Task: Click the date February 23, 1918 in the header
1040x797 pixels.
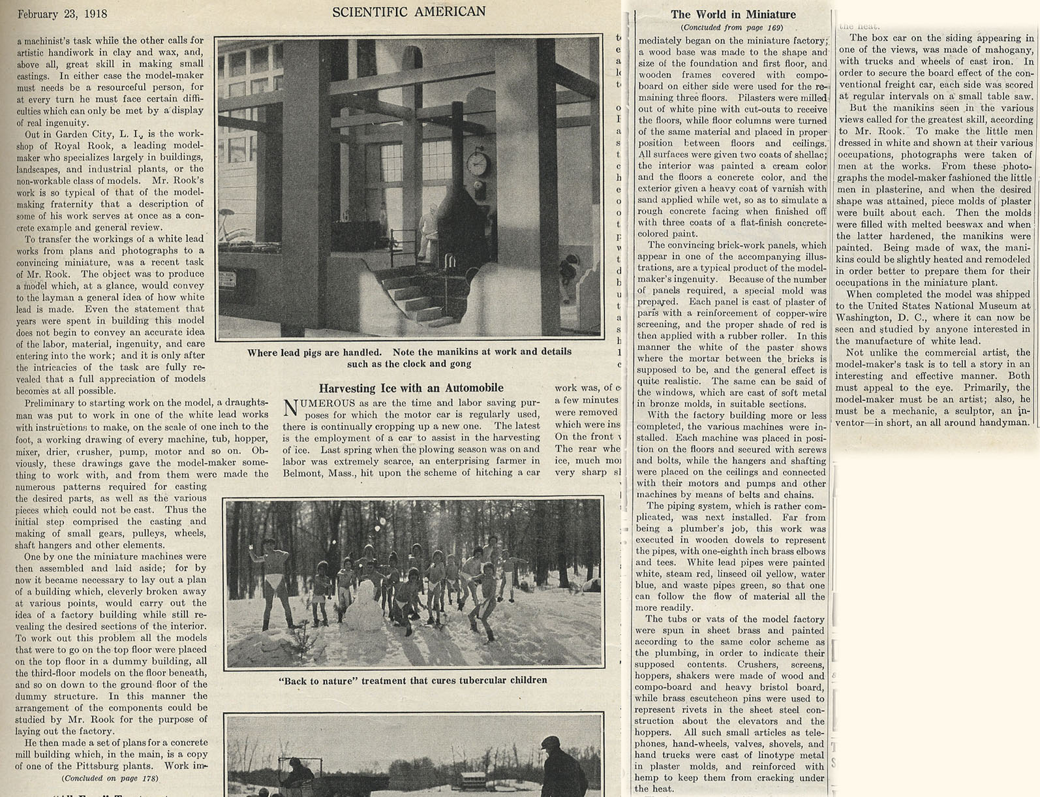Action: [62, 14]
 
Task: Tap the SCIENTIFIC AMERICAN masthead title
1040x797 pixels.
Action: [408, 12]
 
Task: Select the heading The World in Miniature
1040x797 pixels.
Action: [733, 14]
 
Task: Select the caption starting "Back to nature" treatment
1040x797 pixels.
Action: [412, 680]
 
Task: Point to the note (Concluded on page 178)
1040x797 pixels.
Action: [110, 777]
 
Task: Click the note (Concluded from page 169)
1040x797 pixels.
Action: [732, 27]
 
